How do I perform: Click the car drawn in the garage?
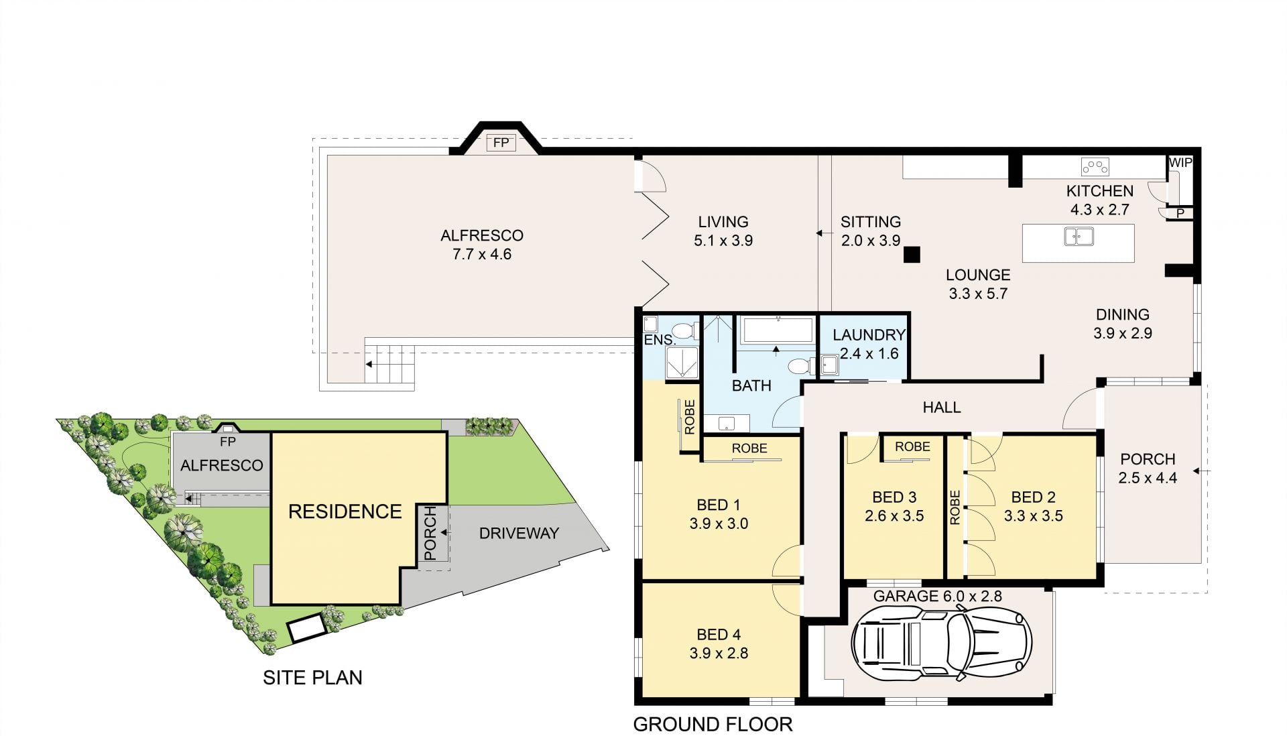coord(941,642)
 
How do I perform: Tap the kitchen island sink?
coord(1079,237)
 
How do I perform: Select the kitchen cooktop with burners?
coord(1095,166)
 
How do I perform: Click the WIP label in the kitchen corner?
coord(1180,163)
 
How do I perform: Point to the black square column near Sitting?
coord(912,254)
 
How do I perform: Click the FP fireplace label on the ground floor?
coord(501,143)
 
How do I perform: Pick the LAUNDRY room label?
coord(869,335)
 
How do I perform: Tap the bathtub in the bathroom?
coord(778,330)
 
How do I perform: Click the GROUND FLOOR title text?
coord(713,724)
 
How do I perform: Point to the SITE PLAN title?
coord(312,678)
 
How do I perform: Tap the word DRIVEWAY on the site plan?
coord(519,534)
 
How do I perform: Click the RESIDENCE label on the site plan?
coord(345,511)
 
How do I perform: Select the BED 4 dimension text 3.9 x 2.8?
coord(719,653)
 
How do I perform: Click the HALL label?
coord(942,407)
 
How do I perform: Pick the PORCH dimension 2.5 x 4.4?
coord(1148,478)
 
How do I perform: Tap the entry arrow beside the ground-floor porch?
coord(1201,471)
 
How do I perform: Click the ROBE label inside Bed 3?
coord(912,446)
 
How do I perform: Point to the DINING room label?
coord(1123,314)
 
